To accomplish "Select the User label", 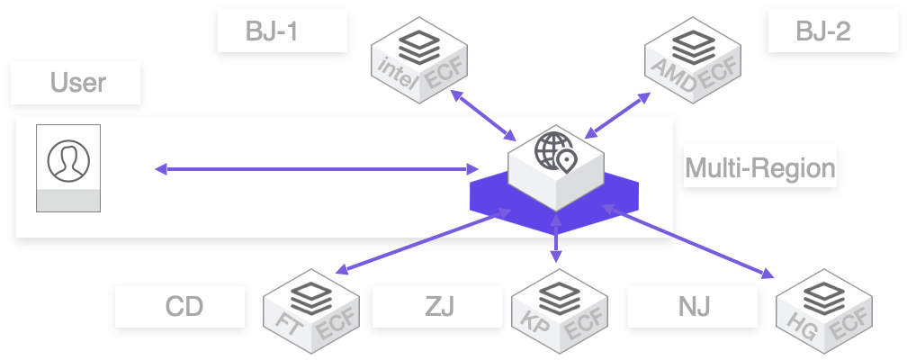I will pos(77,84).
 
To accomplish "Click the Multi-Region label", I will pos(760,167).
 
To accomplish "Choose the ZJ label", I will pos(437,307).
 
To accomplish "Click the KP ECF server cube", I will pos(557,310).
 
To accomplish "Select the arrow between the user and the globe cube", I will pos(316,168).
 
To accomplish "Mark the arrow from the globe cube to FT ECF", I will pos(423,241).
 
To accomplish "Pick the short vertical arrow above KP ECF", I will pos(556,239).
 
